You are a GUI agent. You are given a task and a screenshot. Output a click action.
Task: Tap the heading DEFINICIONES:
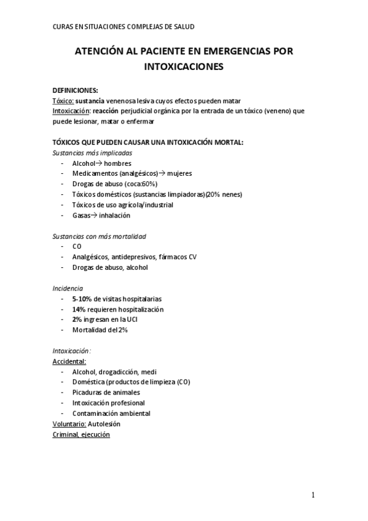(75, 90)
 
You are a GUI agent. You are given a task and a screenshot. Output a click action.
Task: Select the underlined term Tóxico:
(63, 101)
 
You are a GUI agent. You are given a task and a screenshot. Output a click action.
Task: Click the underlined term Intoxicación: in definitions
(71, 111)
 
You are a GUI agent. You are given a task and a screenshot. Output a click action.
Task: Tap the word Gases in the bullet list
(81, 216)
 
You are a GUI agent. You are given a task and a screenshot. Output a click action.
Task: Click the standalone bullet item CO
(77, 246)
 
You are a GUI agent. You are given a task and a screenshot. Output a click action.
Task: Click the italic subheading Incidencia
(68, 288)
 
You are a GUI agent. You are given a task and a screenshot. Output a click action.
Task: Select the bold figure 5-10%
(82, 299)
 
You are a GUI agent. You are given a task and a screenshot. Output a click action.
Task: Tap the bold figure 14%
(79, 309)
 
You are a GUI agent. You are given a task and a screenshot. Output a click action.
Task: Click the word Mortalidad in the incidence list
(90, 330)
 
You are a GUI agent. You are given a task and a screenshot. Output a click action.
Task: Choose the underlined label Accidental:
(69, 361)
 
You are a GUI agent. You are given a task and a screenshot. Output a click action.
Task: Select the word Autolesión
(104, 424)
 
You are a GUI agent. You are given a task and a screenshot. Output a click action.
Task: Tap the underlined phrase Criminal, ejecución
(81, 434)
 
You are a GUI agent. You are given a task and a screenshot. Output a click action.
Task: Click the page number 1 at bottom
(313, 495)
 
